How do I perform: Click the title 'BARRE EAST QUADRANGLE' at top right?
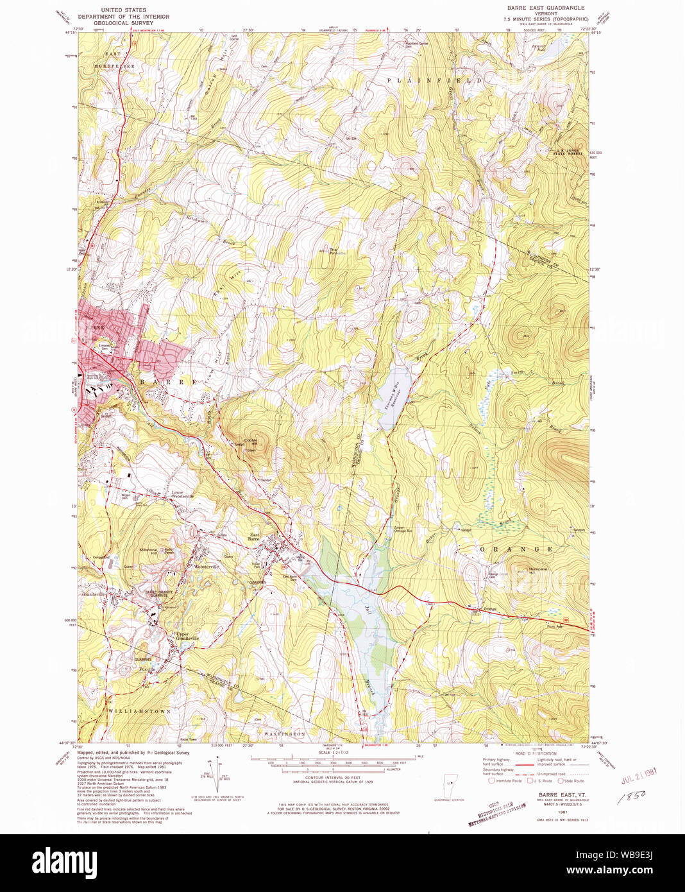(545, 8)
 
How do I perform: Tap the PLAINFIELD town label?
(434, 80)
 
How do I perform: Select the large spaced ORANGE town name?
(516, 549)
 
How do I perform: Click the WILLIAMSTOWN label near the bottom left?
(139, 712)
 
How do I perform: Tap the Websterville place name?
(202, 567)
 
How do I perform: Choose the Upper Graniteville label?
(187, 637)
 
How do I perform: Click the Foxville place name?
(148, 669)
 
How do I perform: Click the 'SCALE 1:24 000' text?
(333, 752)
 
